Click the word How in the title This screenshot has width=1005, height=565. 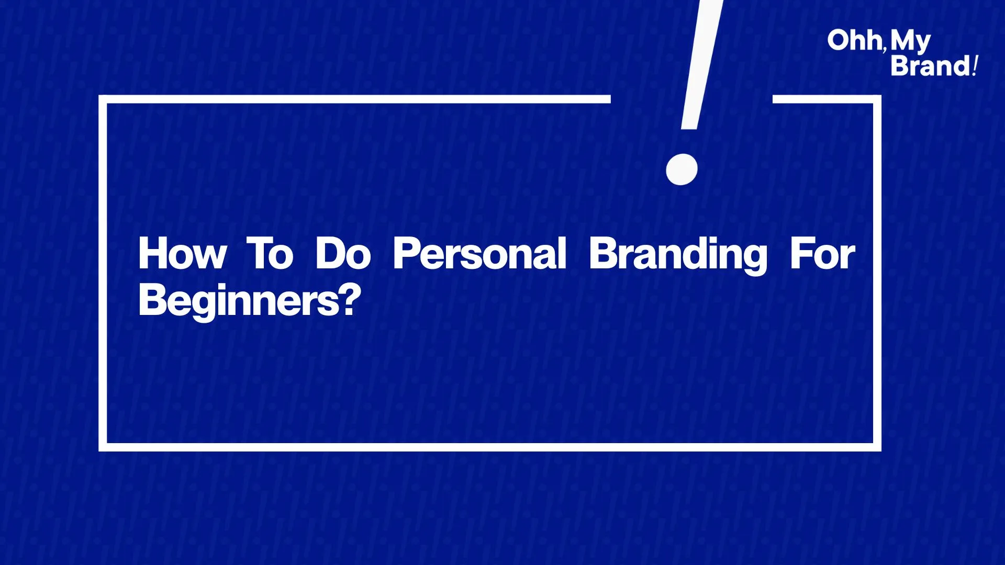(x=182, y=254)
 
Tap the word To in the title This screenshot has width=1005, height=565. (x=270, y=254)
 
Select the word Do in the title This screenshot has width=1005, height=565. (x=343, y=254)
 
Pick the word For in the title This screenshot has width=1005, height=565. (x=823, y=254)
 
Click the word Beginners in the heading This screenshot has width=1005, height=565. (x=238, y=301)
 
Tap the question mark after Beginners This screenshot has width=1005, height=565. (x=350, y=299)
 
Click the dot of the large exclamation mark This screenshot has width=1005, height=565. (x=682, y=169)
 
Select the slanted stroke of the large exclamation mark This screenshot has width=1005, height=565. (x=701, y=64)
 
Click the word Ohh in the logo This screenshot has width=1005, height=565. (x=854, y=40)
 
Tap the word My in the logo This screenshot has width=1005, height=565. (x=911, y=42)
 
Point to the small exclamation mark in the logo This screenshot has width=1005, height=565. (x=975, y=66)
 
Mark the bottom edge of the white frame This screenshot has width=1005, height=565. (x=490, y=447)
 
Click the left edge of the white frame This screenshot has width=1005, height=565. (x=103, y=273)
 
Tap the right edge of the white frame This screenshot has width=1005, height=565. (x=877, y=273)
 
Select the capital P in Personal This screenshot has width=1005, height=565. (x=407, y=254)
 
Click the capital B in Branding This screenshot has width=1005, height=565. (x=604, y=254)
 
